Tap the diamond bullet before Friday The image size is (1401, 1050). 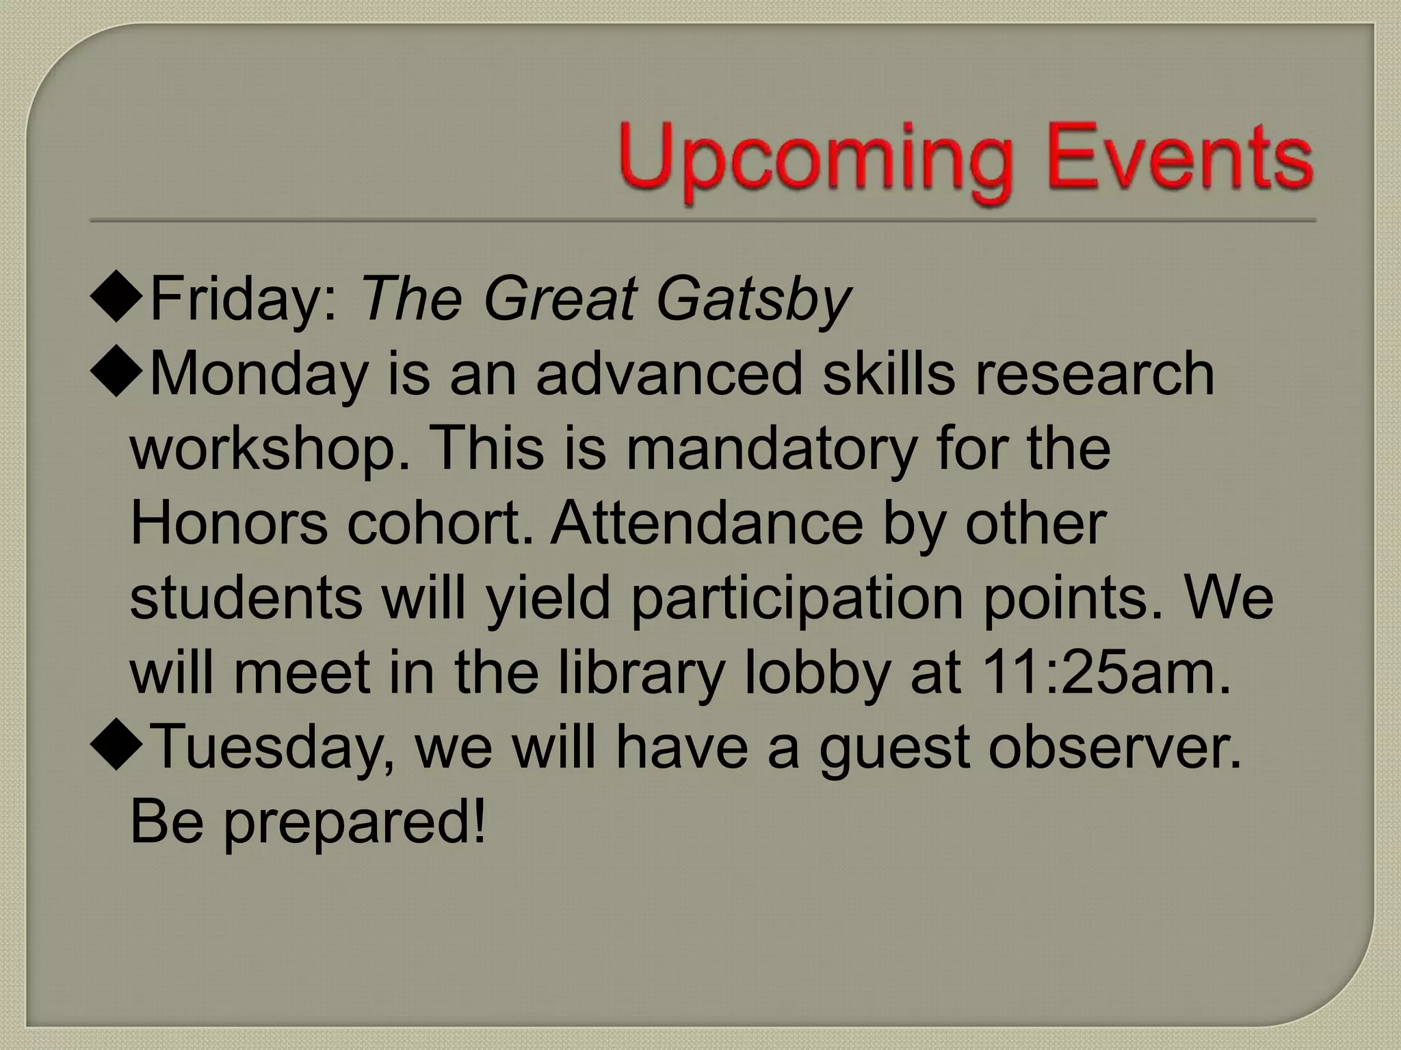click(x=116, y=299)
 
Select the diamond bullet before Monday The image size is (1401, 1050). click(x=116, y=374)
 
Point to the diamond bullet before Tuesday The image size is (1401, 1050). click(x=116, y=747)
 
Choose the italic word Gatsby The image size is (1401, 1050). click(x=752, y=301)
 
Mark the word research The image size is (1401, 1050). click(x=1095, y=374)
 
